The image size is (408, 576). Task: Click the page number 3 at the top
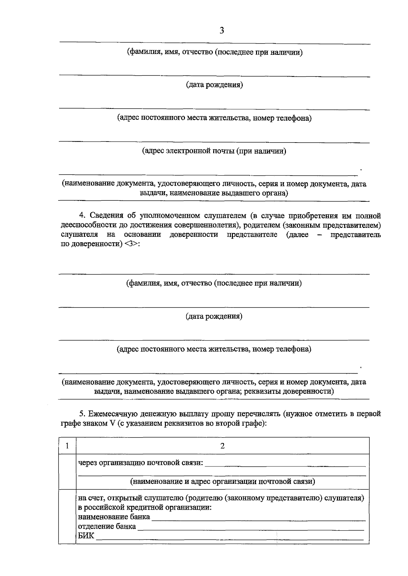[222, 31]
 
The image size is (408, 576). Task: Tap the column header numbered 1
[67, 446]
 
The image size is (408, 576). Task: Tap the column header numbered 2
[223, 446]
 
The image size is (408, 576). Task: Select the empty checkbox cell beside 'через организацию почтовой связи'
[67, 471]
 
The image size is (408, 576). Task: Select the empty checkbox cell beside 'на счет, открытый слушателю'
[67, 516]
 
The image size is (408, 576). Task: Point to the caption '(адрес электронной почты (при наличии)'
[214, 151]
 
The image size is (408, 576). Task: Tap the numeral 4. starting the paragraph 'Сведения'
[82, 216]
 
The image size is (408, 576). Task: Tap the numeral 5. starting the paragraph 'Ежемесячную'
[82, 414]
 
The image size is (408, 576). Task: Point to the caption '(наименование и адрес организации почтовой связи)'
[223, 482]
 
